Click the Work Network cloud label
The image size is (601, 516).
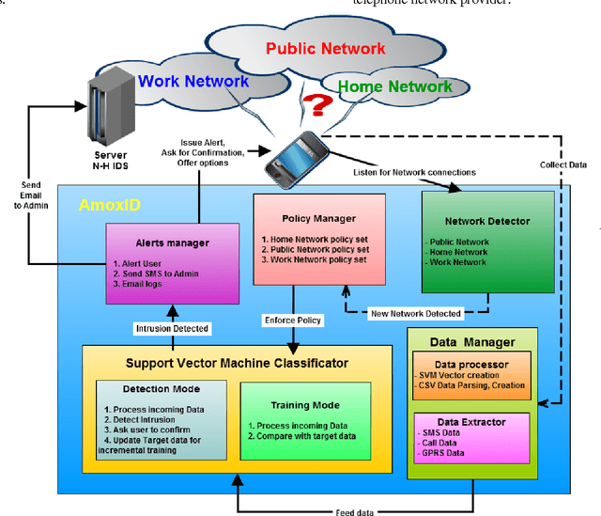click(193, 81)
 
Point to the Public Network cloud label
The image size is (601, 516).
click(325, 48)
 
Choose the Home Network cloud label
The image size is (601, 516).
click(393, 87)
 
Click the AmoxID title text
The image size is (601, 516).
click(99, 204)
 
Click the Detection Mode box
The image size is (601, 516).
click(161, 418)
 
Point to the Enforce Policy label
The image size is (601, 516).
click(292, 320)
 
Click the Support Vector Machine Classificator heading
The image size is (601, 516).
click(236, 362)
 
